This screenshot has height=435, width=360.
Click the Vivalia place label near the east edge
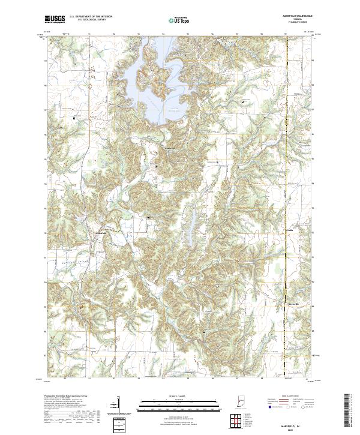point(289,229)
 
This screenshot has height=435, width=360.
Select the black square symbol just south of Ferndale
point(156,166)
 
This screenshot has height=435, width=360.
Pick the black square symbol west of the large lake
point(74,118)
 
